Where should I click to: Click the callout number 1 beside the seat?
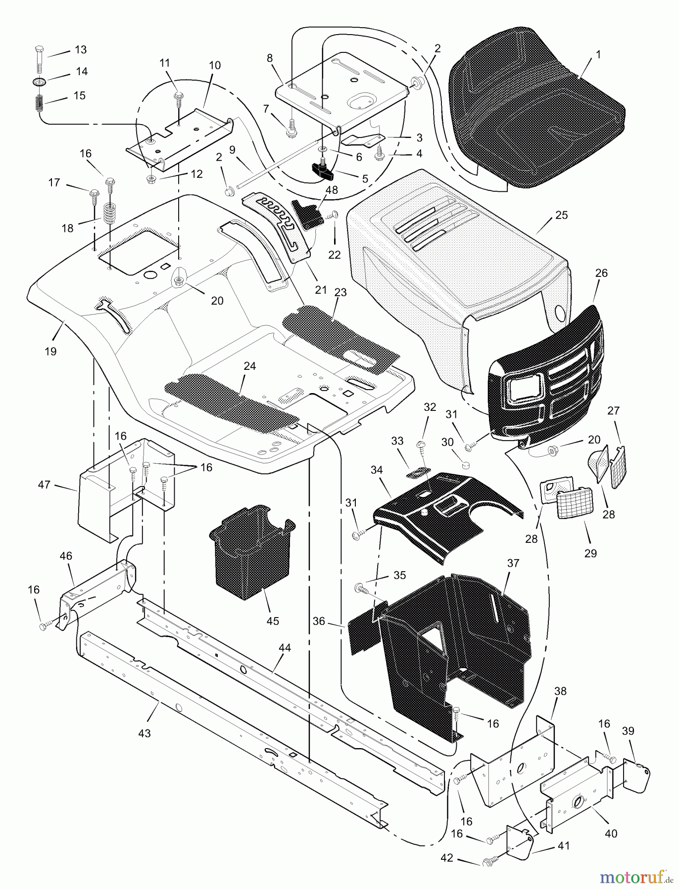[x=598, y=55]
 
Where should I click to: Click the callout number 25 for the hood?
[x=561, y=215]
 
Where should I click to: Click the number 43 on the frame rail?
[x=144, y=734]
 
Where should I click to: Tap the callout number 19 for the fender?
[x=50, y=352]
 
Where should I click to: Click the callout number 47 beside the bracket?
[x=45, y=485]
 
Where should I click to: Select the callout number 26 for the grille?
[x=602, y=273]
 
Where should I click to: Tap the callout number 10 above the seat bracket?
[x=215, y=65]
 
